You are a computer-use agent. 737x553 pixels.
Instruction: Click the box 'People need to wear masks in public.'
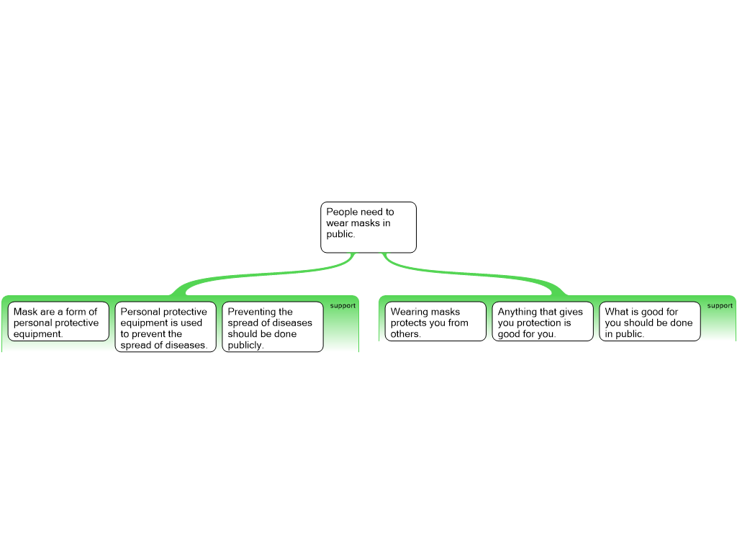[368, 227]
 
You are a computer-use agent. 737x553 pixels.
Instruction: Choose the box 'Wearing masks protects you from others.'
[435, 321]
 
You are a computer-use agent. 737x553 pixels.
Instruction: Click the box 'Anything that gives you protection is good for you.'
[543, 321]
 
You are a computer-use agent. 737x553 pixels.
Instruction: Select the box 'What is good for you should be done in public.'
[649, 321]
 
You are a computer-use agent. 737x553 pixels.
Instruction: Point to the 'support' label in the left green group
[343, 305]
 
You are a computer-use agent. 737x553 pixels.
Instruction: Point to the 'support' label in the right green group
[720, 305]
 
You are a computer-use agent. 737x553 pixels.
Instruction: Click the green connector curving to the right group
[475, 274]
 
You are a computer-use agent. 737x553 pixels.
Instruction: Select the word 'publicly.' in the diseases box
[245, 345]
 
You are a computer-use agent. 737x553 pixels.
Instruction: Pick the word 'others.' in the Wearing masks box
[406, 334]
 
